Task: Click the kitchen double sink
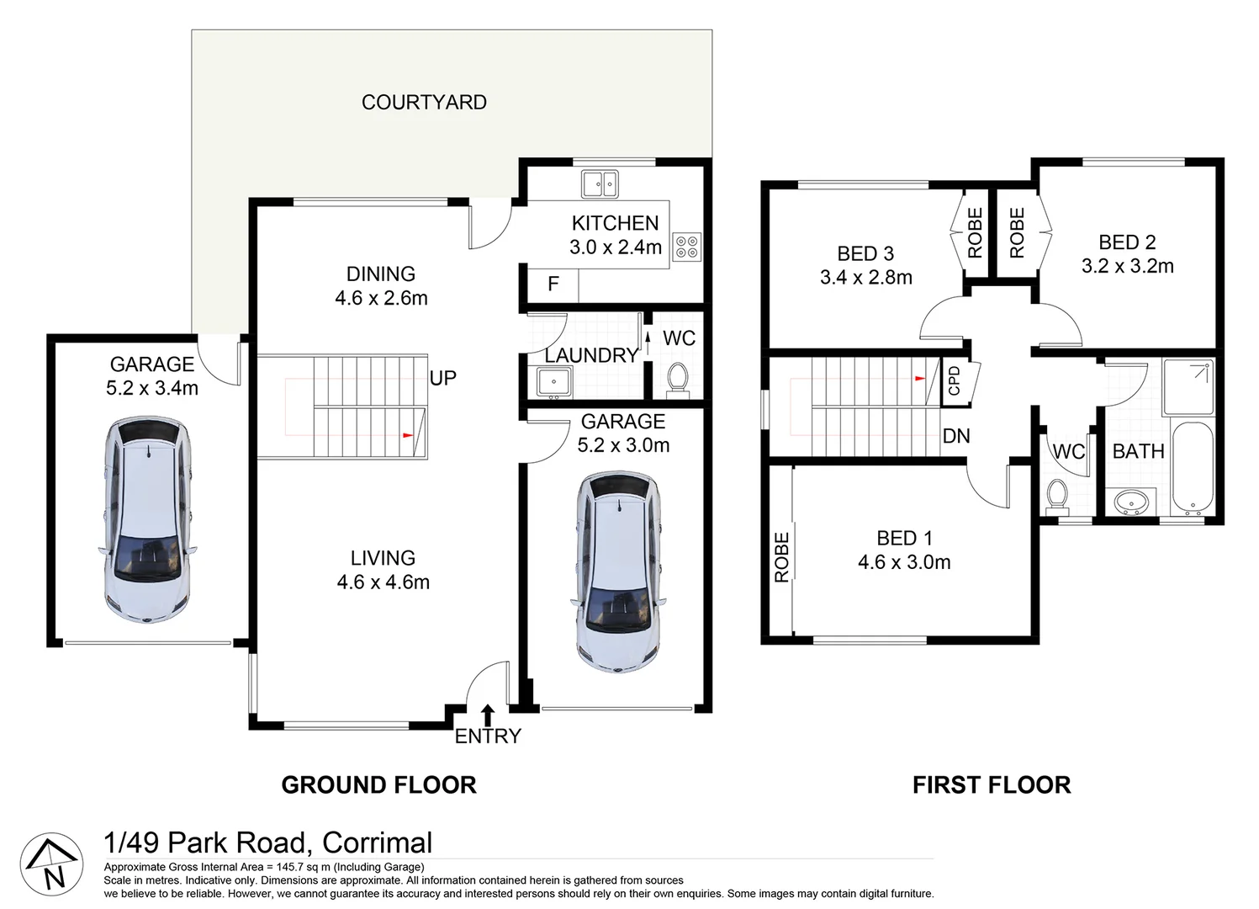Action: [x=600, y=184]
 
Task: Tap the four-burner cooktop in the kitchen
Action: [x=687, y=247]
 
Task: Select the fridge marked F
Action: [x=553, y=284]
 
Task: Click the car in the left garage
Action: [x=148, y=519]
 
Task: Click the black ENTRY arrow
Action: [x=488, y=715]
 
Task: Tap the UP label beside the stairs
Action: [x=443, y=378]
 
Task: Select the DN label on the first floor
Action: [x=956, y=436]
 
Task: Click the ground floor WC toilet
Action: [x=677, y=380]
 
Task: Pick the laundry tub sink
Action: [x=554, y=382]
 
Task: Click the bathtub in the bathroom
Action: [x=1193, y=468]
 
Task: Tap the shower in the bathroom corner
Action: [x=1188, y=387]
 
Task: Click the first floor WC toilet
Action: [x=1057, y=496]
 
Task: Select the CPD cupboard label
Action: [x=955, y=380]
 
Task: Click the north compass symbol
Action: [x=51, y=864]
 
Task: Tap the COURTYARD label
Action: [x=425, y=103]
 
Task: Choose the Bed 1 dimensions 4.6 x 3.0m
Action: [x=904, y=562]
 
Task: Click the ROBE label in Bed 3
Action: [x=976, y=233]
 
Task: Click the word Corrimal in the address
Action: [x=377, y=843]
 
